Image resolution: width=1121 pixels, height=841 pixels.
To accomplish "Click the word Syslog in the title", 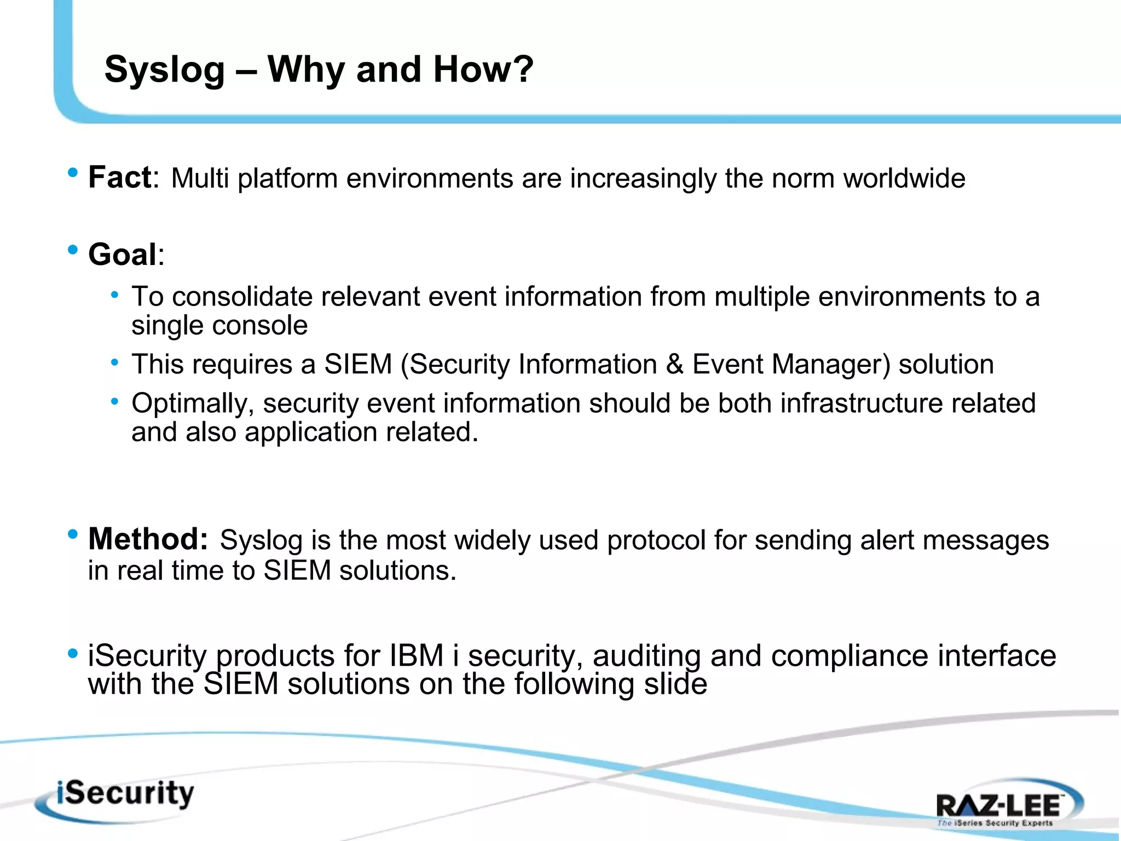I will (164, 70).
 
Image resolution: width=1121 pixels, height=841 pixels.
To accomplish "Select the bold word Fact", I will (119, 178).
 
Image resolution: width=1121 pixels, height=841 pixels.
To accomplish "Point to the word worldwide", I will (904, 178).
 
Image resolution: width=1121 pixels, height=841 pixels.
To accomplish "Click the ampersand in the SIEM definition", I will (674, 365).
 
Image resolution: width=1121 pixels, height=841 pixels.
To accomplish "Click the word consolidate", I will (242, 297).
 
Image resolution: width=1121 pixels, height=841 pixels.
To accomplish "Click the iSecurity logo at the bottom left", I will (118, 798).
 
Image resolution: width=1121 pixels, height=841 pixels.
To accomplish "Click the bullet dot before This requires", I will (114, 362).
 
